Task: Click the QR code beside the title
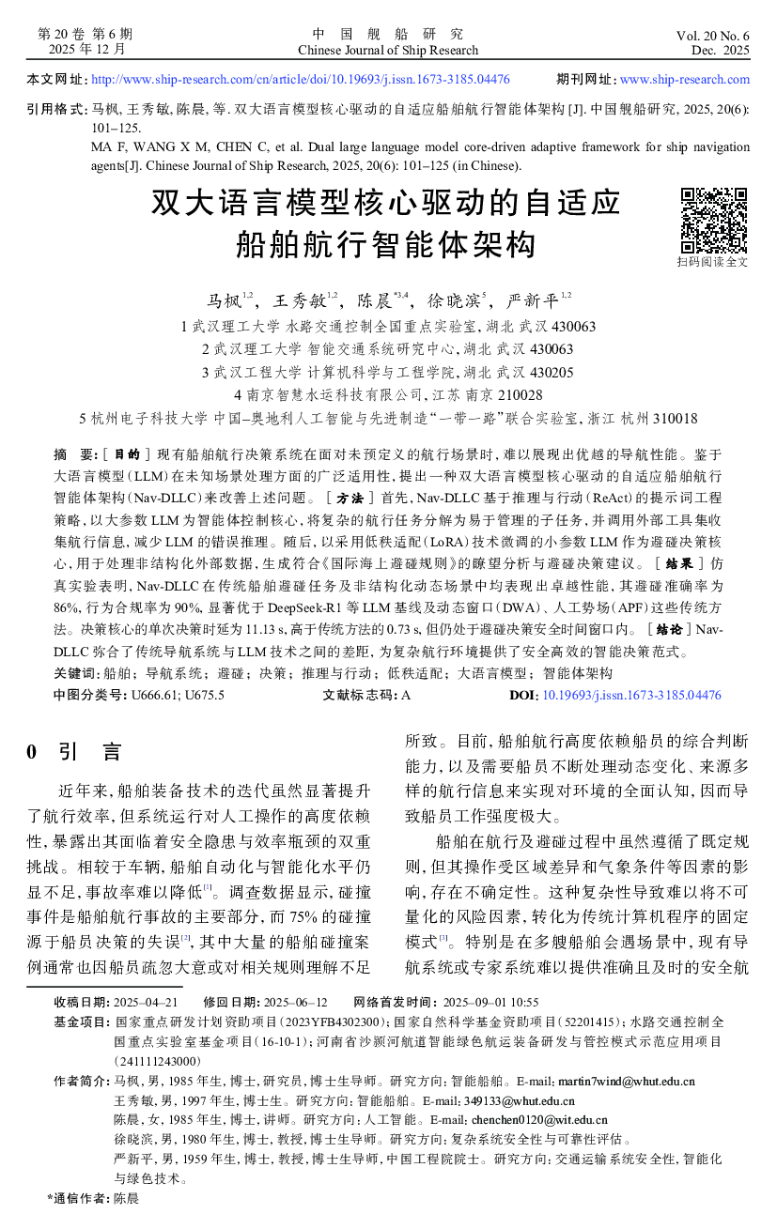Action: point(713,221)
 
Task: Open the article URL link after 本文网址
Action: point(301,80)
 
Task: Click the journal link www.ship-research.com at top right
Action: point(685,80)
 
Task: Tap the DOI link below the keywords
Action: point(630,696)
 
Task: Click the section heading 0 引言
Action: point(74,752)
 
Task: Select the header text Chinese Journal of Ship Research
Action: point(387,51)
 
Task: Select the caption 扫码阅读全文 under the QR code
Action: point(713,262)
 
